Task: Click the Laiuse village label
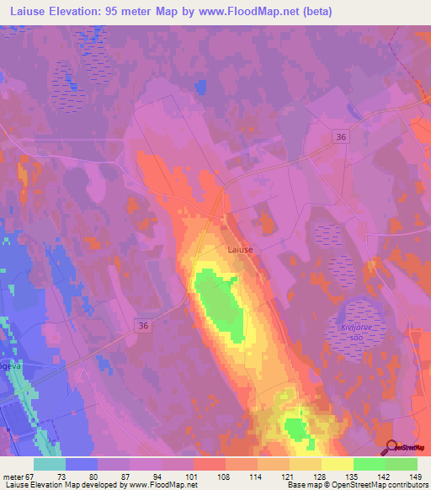[240, 249]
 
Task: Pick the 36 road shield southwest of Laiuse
[144, 325]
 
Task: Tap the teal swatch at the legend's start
[49, 464]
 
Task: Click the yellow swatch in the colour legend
[337, 464]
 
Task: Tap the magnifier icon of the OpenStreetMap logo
[390, 446]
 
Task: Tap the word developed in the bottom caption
[105, 485]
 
